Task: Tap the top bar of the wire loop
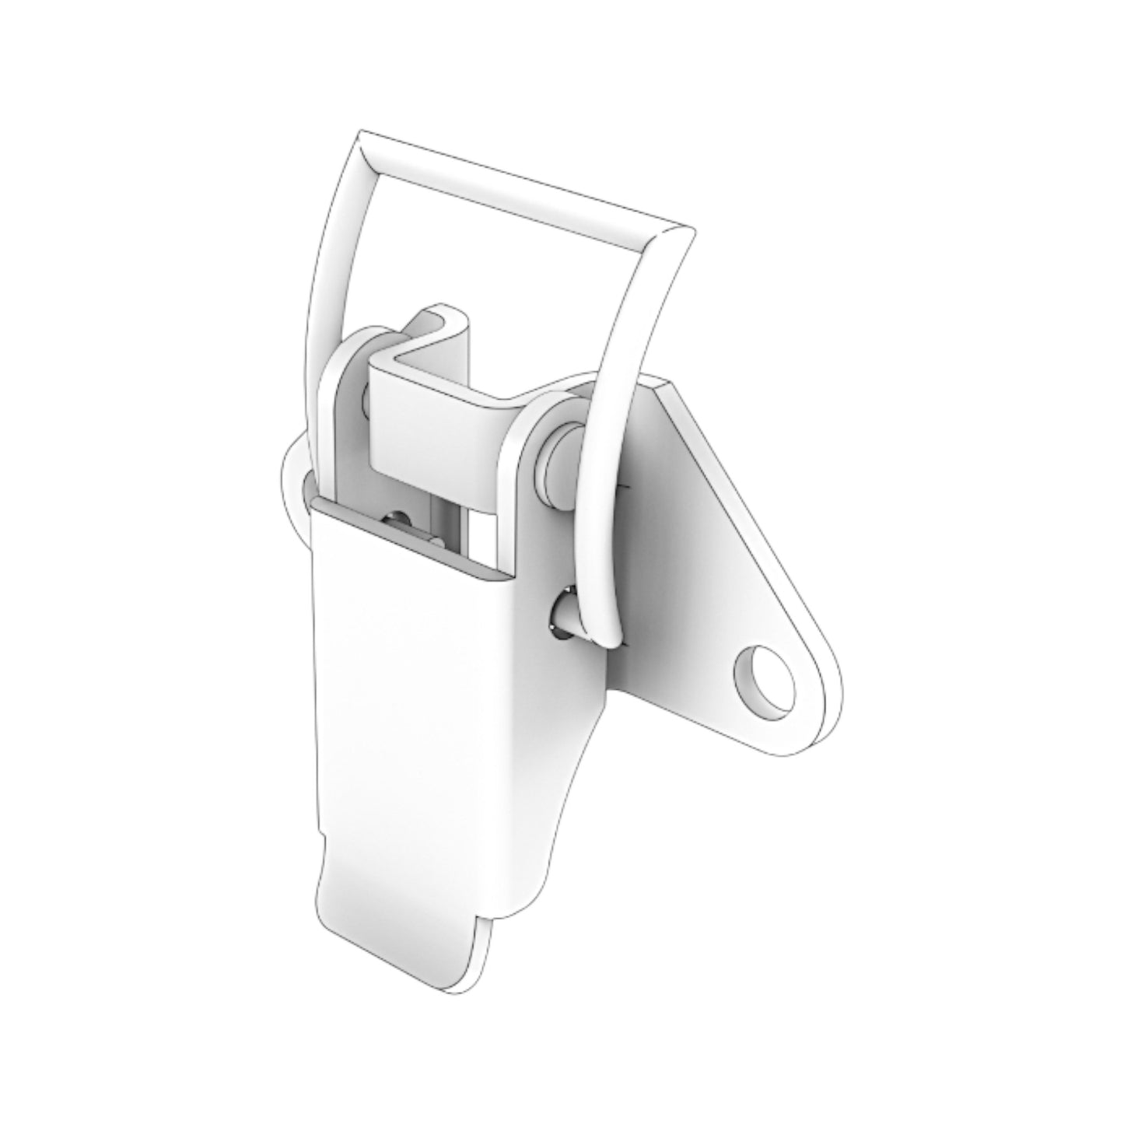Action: [521, 183]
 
